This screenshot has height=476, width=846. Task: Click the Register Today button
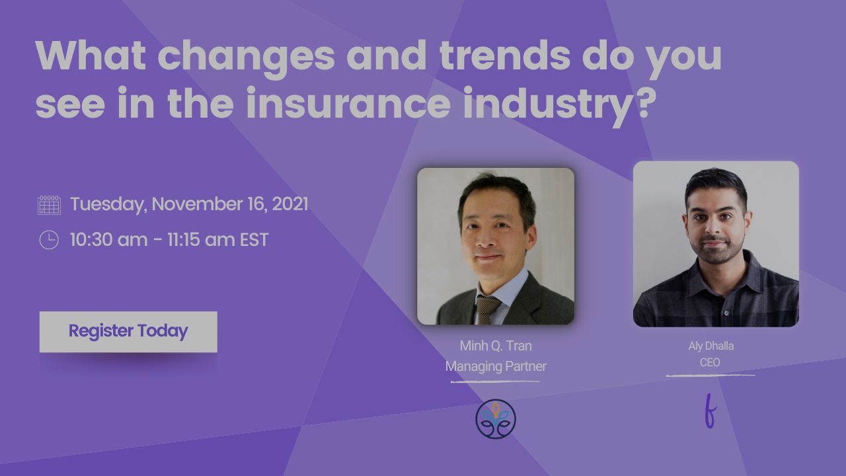pos(128,332)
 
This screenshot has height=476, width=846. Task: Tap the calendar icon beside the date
pos(49,205)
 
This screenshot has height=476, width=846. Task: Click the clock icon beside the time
pos(49,239)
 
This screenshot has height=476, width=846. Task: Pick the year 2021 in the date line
pos(290,204)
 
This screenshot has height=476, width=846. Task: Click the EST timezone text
pos(254,239)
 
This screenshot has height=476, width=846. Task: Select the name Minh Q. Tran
pos(496,346)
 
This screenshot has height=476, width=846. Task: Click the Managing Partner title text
pos(496,366)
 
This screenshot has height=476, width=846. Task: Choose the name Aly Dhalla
pos(711,346)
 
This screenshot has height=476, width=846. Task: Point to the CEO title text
pos(710,363)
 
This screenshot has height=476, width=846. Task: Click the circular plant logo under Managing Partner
pos(496,419)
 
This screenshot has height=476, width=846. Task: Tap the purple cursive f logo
pos(711,411)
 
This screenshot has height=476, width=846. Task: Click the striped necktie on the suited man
pos(487,309)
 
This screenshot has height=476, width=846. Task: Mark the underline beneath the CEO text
pos(711,376)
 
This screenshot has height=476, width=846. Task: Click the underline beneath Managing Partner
pos(496,382)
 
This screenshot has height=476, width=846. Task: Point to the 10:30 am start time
pos(109,239)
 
